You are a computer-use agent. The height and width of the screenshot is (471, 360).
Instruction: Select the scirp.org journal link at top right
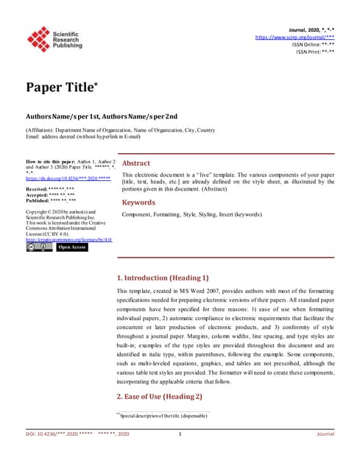[294, 36]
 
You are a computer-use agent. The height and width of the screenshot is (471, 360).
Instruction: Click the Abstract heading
[136, 163]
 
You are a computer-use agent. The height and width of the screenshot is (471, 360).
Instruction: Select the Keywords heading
[138, 202]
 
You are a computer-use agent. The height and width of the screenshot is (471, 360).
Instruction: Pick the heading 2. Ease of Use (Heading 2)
[160, 397]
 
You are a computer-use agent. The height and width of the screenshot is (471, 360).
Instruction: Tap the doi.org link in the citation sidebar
[68, 178]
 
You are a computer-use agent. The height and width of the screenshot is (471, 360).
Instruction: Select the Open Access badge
[72, 247]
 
